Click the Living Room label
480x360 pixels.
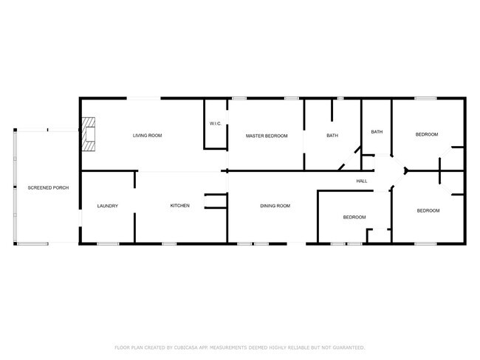147,135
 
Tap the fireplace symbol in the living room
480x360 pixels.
89,135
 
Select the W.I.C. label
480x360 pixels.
216,123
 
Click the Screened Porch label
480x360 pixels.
48,188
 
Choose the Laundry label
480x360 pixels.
107,206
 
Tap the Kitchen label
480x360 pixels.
180,205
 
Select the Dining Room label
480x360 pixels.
275,205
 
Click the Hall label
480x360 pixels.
362,181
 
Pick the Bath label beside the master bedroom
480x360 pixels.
332,135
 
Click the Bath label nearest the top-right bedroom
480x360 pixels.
377,132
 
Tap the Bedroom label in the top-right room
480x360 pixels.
427,134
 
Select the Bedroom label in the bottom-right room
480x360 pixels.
428,211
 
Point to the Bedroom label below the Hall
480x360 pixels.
354,217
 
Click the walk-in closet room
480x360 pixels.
216,133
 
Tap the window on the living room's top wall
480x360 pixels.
146,99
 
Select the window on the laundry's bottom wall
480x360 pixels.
108,243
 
